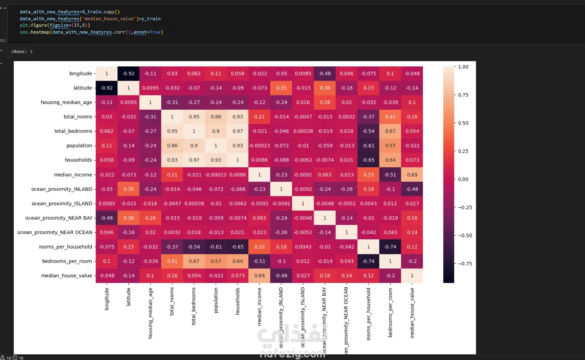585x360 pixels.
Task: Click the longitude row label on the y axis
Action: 81,74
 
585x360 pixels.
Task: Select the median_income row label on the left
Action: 73,175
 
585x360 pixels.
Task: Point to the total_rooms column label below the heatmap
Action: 172,301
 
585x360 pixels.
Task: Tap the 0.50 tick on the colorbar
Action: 463,123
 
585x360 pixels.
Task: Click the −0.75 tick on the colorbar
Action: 465,264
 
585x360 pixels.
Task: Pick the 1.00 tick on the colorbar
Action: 463,67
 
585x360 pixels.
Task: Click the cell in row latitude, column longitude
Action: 107,88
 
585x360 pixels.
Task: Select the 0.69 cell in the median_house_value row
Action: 260,276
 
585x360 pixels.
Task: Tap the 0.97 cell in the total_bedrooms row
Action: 238,131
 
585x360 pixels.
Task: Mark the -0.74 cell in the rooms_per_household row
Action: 391,247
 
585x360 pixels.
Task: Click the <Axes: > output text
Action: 22,52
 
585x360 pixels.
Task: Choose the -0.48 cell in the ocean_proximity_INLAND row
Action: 412,189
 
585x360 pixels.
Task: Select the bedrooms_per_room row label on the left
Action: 67,261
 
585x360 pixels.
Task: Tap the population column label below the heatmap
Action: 216,300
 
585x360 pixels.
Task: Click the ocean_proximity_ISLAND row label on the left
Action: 62,204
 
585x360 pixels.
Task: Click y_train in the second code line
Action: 151,19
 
